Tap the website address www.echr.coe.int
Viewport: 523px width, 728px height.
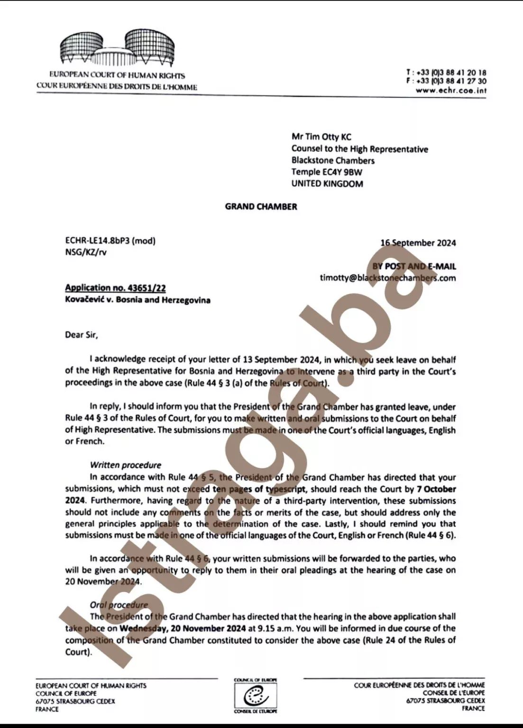click(451, 90)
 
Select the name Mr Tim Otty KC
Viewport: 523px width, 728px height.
click(321, 137)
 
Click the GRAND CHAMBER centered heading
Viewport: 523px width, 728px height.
click(261, 207)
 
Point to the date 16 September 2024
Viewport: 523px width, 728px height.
click(418, 243)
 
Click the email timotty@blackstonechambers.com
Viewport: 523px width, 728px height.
click(387, 278)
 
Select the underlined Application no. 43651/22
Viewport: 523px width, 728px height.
click(115, 288)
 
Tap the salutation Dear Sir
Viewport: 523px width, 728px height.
click(81, 335)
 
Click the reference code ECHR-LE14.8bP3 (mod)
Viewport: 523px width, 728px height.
click(110, 240)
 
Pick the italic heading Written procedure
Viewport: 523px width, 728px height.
click(125, 465)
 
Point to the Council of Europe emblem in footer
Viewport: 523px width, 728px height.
click(256, 696)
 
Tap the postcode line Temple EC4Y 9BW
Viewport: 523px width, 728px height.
click(327, 172)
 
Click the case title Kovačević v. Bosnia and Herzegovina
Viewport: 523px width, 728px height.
click(138, 300)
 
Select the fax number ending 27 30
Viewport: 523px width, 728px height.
click(450, 81)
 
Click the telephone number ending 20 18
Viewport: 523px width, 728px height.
click(450, 73)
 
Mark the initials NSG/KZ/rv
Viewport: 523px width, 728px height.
click(86, 252)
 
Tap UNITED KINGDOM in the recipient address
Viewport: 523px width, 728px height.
click(327, 184)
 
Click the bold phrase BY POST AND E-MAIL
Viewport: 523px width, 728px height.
click(413, 266)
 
